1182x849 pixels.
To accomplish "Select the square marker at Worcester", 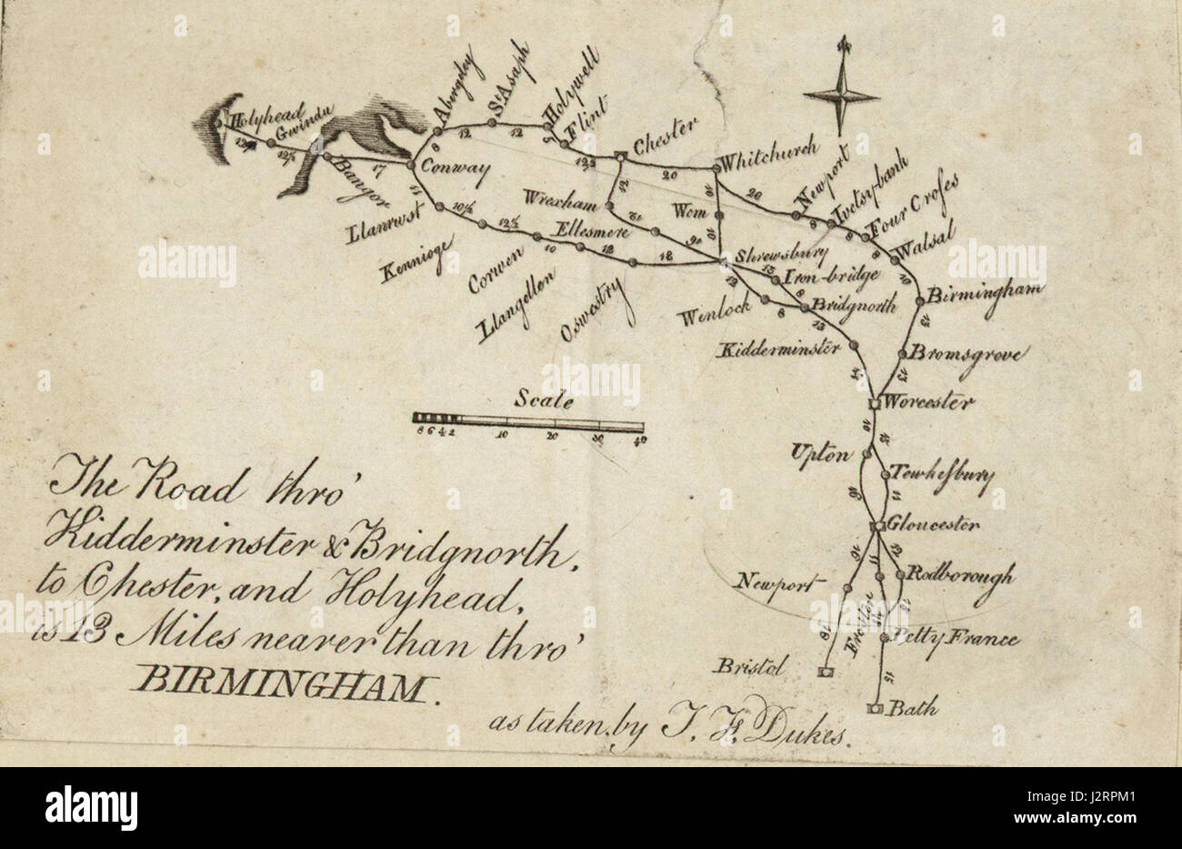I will (874, 401).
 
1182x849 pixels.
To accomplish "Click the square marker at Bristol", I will (825, 672).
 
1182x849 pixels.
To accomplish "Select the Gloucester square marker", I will (879, 526).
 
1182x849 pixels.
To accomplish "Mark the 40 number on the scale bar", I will (639, 441).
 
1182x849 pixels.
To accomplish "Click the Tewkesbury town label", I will (941, 475).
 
